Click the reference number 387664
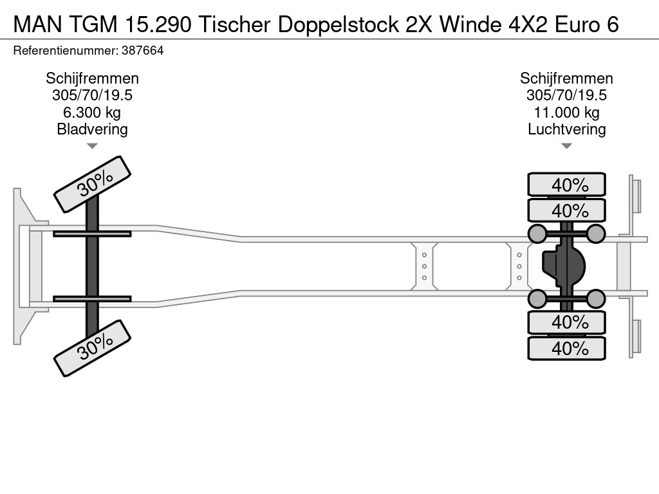pyautogui.click(x=142, y=51)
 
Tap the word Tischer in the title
pyautogui.click(x=234, y=24)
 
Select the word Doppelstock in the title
pyautogui.click(x=338, y=24)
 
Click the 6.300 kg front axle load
pyautogui.click(x=92, y=113)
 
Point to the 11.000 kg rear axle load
pyautogui.click(x=566, y=113)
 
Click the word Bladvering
pyautogui.click(x=92, y=129)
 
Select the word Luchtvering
pyautogui.click(x=566, y=129)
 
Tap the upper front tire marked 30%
pyautogui.click(x=93, y=184)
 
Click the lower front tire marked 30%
pyautogui.click(x=93, y=348)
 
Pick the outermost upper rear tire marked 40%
pyautogui.click(x=566, y=184)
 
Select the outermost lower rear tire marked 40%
pyautogui.click(x=566, y=348)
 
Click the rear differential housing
pyautogui.click(x=563, y=266)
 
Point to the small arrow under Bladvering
pyautogui.click(x=92, y=146)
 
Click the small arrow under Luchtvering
pyautogui.click(x=566, y=146)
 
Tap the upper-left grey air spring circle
pyautogui.click(x=537, y=233)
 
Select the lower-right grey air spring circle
pyautogui.click(x=595, y=298)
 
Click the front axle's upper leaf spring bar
pyautogui.click(x=92, y=233)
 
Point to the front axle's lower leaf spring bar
pyautogui.click(x=92, y=298)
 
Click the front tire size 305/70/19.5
pyautogui.click(x=92, y=95)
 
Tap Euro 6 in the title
pyautogui.click(x=587, y=24)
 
